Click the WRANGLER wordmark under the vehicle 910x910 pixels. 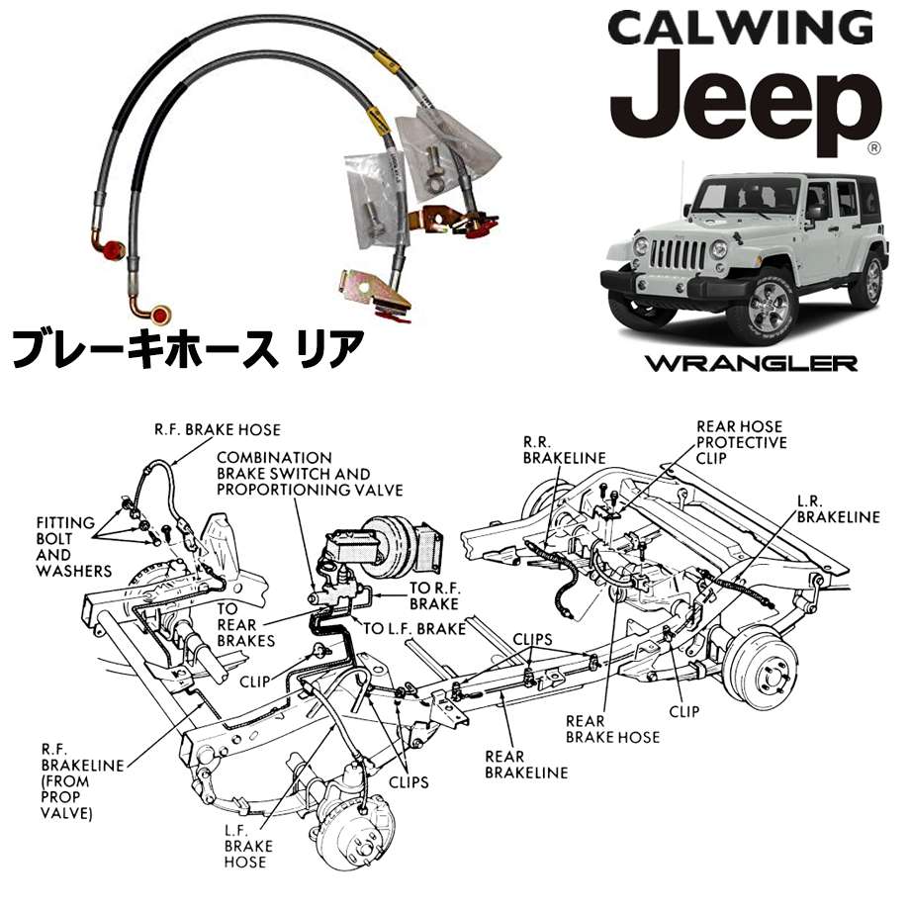coord(751,362)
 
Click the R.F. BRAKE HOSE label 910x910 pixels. coord(217,430)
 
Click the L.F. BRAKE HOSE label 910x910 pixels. coord(244,847)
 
